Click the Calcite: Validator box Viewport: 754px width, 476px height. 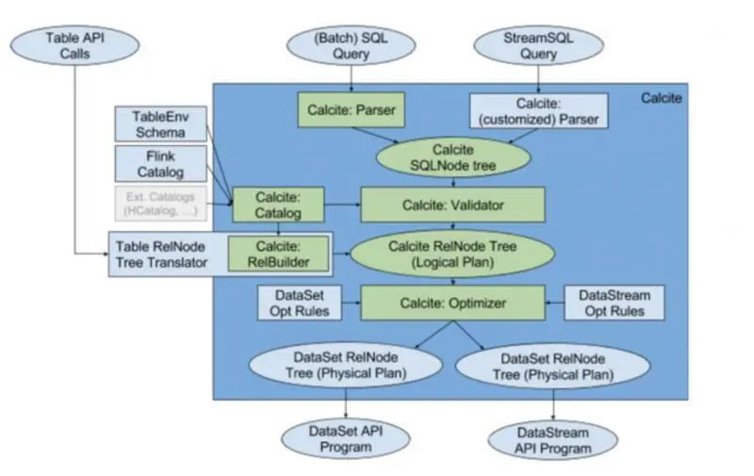coord(452,205)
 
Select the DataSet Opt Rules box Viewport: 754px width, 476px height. coord(300,304)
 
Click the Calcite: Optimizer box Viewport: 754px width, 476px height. coord(452,304)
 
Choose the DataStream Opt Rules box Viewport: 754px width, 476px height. coord(614,304)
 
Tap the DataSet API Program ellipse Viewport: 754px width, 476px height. coord(346,438)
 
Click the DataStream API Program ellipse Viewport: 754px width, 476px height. coord(553,438)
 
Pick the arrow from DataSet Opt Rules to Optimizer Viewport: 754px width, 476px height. coord(351,304)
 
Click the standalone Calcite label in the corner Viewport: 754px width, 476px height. coord(661,97)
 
